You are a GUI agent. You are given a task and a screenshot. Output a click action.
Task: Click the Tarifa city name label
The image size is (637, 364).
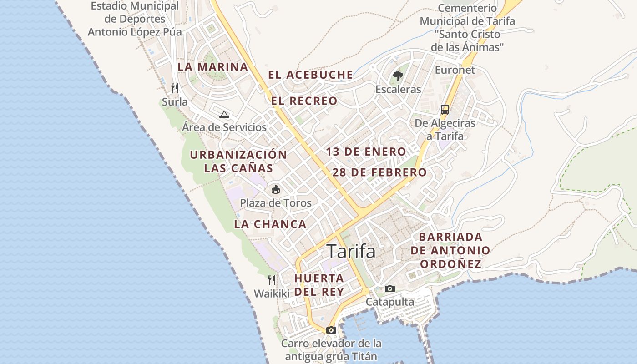coord(351,251)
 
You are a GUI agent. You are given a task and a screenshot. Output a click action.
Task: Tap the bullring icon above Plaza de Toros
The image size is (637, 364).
coord(276,190)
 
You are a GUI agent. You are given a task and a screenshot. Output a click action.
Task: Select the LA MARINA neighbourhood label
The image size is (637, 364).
coord(213,67)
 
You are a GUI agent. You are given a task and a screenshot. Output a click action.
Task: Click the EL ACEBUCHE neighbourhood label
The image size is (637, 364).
coord(310,75)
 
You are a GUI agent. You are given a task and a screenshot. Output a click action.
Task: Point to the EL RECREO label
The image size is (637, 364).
coord(304,101)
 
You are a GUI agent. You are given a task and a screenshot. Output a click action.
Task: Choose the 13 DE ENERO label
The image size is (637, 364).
coord(366,152)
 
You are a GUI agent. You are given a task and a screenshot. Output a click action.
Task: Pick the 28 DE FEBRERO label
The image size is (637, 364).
coord(379,172)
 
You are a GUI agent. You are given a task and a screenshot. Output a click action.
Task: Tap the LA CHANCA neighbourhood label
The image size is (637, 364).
coord(270,224)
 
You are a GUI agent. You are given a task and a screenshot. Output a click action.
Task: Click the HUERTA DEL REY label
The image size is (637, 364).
coord(318,285)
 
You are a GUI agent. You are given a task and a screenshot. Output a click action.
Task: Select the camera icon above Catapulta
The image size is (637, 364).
coord(390,288)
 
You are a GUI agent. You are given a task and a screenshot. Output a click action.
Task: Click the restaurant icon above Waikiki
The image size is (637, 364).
coord(272,280)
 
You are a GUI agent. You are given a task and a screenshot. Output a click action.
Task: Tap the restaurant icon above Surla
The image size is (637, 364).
coord(175,88)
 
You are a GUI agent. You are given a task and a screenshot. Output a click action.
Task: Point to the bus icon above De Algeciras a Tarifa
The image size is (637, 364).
coord(445,110)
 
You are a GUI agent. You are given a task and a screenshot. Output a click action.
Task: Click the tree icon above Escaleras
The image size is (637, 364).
coord(398,76)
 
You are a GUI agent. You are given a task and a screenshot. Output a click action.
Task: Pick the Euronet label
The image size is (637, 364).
coord(455,70)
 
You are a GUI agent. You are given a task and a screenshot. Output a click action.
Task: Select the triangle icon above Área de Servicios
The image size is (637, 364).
coord(224,114)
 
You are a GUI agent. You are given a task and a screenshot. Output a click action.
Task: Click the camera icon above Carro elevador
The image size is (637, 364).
coord(331,330)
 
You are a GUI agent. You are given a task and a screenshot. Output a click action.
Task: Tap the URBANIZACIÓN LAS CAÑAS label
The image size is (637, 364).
coord(238,161)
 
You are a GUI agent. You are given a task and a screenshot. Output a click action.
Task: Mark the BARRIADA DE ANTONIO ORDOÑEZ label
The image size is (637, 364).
coord(450,250)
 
